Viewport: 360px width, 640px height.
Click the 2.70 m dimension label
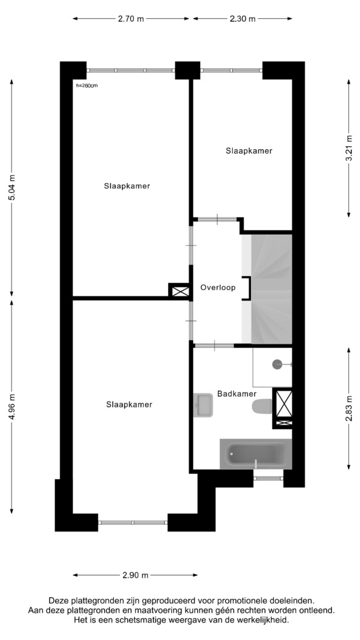tap(131, 19)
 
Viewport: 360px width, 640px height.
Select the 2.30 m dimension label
tap(242, 19)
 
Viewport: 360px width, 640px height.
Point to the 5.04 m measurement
tap(12, 187)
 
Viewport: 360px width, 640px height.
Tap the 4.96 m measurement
tap(12, 406)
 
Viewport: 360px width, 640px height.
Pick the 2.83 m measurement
tap(349, 408)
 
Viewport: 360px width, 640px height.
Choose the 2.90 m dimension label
tap(135, 575)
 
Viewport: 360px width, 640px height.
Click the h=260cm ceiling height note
tap(87, 86)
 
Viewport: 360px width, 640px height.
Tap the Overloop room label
tap(217, 288)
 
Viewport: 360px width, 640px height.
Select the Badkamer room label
tap(236, 394)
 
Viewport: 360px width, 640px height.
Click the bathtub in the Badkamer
tap(256, 454)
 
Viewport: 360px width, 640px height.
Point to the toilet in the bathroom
tap(262, 407)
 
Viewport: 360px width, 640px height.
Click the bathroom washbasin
tap(203, 405)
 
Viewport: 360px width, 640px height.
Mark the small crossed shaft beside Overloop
tap(180, 291)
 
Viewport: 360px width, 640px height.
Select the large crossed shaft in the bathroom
tap(284, 408)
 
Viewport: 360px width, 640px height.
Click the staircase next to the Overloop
tap(271, 289)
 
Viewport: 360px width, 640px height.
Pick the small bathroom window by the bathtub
tap(268, 478)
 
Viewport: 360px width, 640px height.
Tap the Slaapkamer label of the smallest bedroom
tap(249, 151)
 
